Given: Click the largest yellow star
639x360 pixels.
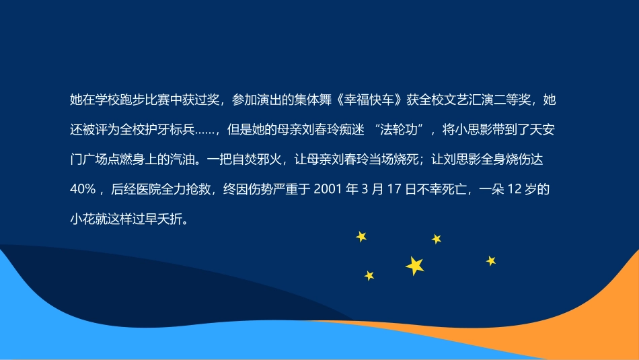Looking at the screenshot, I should [x=415, y=266].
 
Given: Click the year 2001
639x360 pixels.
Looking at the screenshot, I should [x=327, y=190].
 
